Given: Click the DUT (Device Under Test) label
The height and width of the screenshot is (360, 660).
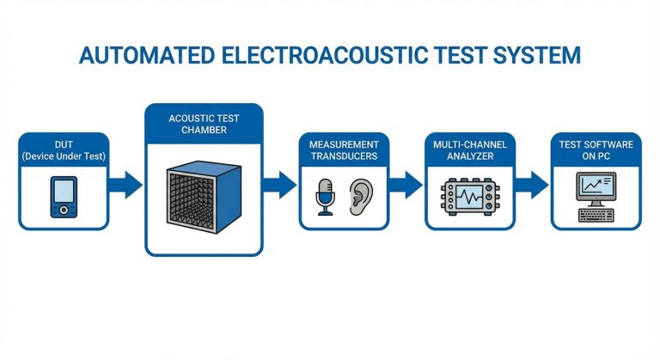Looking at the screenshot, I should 64,151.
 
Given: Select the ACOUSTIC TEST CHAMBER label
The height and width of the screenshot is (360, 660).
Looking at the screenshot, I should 204,123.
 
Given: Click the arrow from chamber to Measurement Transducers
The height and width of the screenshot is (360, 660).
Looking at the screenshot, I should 280,183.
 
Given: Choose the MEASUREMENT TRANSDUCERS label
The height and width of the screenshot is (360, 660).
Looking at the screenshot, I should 344,150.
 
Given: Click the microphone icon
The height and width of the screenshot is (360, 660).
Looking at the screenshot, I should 325,197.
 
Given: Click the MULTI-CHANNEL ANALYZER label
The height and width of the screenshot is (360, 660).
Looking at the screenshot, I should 470,150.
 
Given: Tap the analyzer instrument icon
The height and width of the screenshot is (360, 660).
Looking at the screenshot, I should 470,197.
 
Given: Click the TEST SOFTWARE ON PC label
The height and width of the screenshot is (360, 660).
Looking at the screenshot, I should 596,150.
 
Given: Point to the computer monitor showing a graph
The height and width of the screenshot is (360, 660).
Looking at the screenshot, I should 595,186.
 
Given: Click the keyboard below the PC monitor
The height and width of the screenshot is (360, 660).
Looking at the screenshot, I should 595,215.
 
